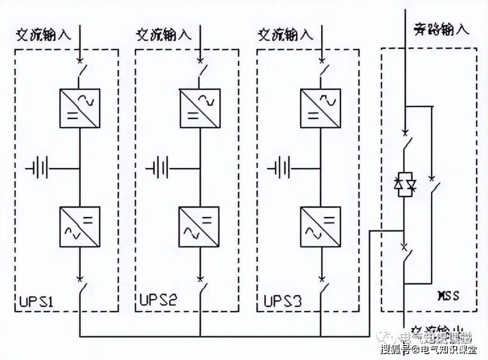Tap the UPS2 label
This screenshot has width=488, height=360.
coord(158,301)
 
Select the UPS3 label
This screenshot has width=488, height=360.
coord(282,301)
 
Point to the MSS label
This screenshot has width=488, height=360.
coord(448,296)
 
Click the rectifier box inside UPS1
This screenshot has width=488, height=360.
coord(80,109)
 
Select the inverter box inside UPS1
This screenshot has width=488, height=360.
coord(80,226)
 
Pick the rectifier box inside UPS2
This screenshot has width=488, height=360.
coord(199,109)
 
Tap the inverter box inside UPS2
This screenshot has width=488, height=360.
coord(199,226)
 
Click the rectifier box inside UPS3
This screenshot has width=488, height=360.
coord(321,109)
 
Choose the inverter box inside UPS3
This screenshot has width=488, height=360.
coord(321,226)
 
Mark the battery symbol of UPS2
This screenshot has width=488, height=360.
coord(160,169)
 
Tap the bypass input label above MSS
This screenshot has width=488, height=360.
coord(441,30)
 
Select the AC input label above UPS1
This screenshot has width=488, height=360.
coord(44,35)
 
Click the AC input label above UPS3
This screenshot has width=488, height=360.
coord(285,35)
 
